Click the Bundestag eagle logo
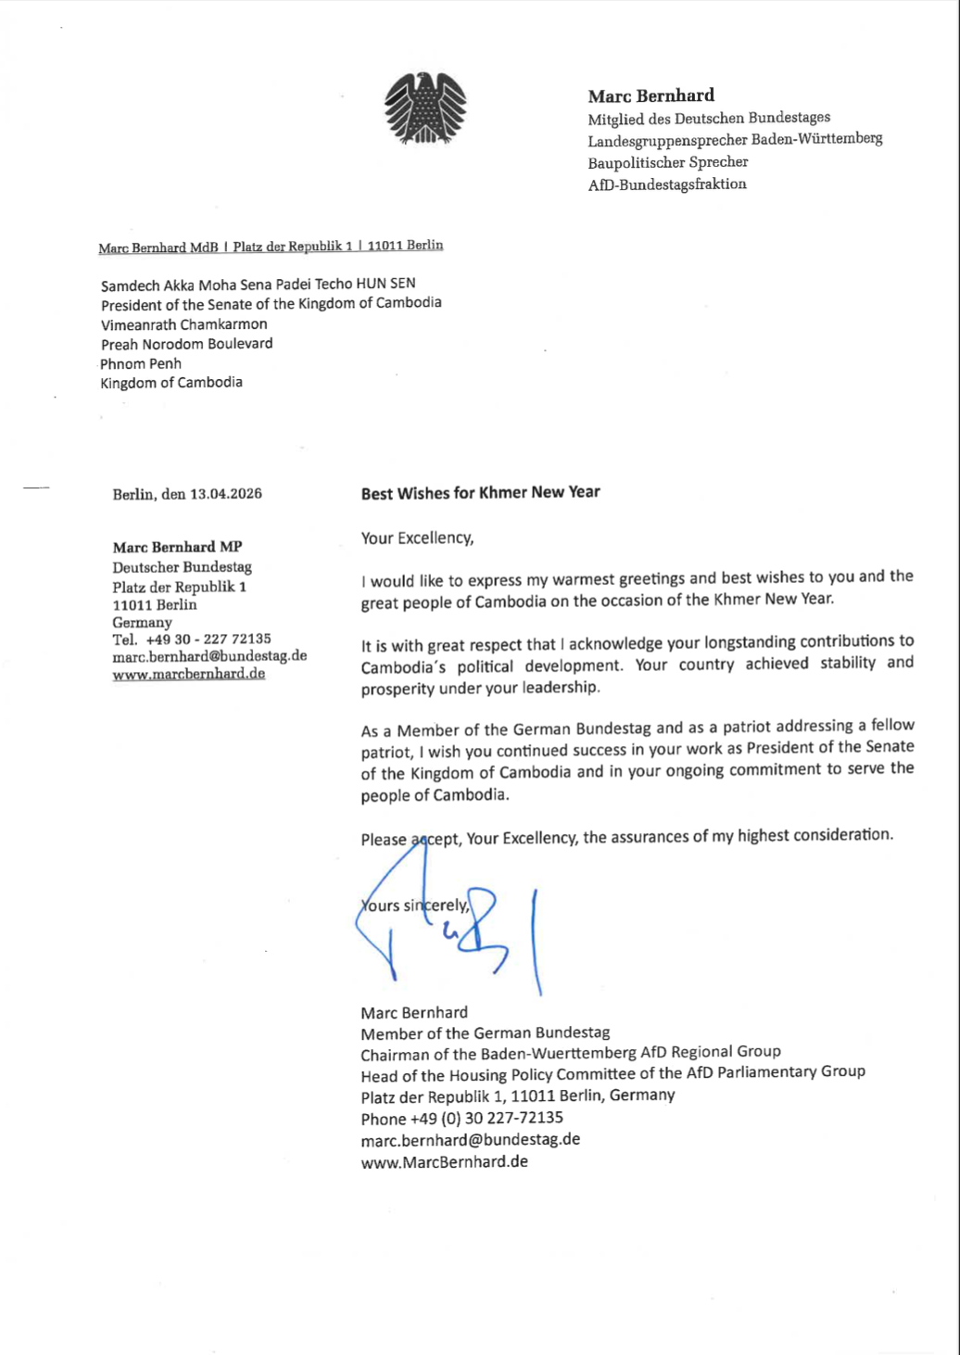tap(425, 108)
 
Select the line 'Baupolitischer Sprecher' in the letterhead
tap(667, 162)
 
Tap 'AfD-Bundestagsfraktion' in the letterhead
tap(666, 184)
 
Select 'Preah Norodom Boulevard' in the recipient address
tap(187, 344)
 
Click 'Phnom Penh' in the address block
tap(141, 363)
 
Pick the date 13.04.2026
tap(225, 494)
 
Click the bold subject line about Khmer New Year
tap(480, 493)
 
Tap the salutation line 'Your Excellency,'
tap(417, 538)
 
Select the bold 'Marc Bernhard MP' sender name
tap(177, 547)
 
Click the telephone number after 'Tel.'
tap(208, 639)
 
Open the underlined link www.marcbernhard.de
tap(188, 674)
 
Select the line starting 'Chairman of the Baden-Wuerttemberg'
tap(570, 1053)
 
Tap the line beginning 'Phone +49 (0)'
tap(461, 1118)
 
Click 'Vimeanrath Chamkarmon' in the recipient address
tap(183, 324)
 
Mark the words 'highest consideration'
tap(815, 835)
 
